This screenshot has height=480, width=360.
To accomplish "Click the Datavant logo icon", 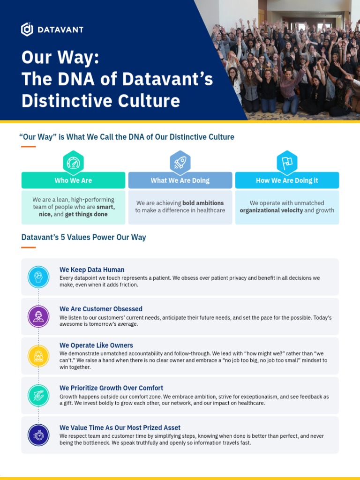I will pyautogui.click(x=27, y=29).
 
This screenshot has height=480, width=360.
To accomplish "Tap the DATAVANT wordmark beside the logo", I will pyautogui.click(x=61, y=30).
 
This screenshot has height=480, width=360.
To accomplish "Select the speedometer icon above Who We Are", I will pyautogui.click(x=73, y=163).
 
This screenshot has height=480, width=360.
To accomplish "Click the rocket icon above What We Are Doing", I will pyautogui.click(x=180, y=163).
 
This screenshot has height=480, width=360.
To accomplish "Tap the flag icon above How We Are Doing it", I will pyautogui.click(x=287, y=163).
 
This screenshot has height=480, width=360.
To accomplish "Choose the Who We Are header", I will pyautogui.click(x=73, y=180).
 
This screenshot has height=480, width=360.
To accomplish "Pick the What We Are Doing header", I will pyautogui.click(x=180, y=180).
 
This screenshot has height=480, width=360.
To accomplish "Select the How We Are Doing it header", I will pyautogui.click(x=287, y=180).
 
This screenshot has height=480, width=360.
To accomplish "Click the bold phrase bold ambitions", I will pyautogui.click(x=203, y=203).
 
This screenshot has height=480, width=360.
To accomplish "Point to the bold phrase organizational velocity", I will pyautogui.click(x=271, y=210).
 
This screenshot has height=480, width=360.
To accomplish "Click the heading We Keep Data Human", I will pyautogui.click(x=92, y=270).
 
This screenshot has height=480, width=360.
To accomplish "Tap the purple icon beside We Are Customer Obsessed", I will pyautogui.click(x=38, y=316).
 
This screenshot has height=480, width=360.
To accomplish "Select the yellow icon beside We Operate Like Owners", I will pyautogui.click(x=38, y=356).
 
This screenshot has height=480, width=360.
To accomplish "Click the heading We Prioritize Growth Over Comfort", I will pyautogui.click(x=111, y=388).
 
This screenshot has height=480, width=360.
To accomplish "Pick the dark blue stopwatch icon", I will pyautogui.click(x=38, y=435).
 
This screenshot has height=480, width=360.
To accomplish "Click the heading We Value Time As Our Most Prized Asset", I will pyautogui.click(x=120, y=427).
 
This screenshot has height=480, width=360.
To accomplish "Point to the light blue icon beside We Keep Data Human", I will pyautogui.click(x=38, y=277).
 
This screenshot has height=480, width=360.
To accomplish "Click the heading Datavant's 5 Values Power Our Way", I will pyautogui.click(x=83, y=237).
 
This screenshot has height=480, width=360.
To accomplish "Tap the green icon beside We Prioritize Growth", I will pyautogui.click(x=38, y=395).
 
